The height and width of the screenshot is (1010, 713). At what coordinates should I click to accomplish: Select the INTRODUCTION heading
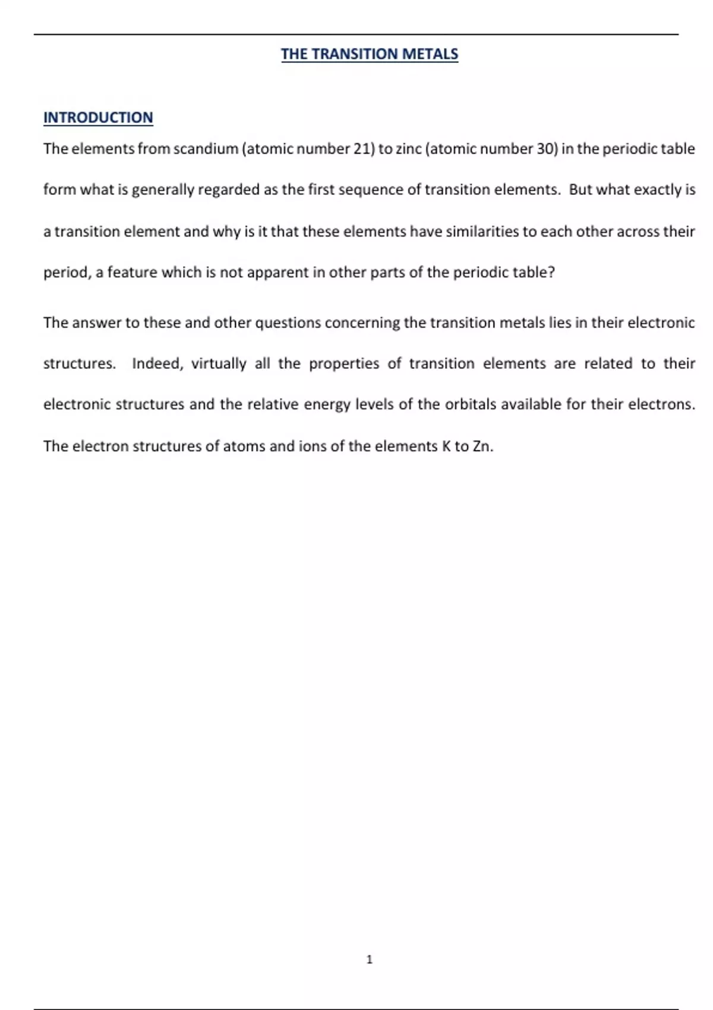(98, 118)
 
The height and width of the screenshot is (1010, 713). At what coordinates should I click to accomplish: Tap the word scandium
(206, 149)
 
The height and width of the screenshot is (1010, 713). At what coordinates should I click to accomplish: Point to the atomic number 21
(362, 149)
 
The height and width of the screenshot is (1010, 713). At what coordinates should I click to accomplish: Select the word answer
(97, 323)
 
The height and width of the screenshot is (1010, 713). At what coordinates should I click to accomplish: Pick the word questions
(288, 323)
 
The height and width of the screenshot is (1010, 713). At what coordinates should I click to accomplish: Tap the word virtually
(218, 364)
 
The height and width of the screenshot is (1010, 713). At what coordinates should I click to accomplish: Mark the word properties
(343, 364)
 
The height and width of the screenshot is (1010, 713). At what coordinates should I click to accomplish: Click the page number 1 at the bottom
(370, 959)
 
